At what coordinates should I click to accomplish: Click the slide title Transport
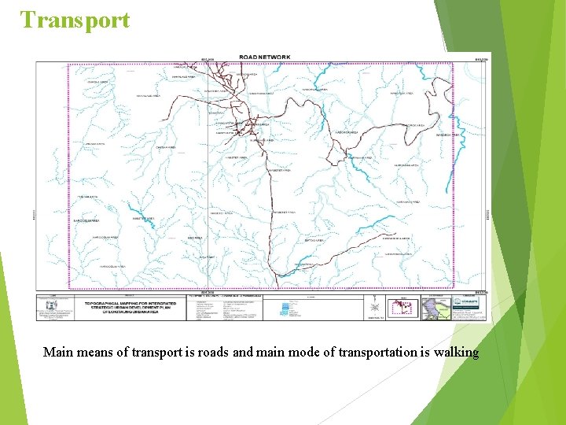(75, 20)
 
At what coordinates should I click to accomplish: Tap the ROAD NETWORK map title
(265, 57)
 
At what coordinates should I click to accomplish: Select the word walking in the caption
(455, 353)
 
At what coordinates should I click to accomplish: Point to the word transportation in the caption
(380, 353)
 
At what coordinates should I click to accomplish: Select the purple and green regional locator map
(436, 307)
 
